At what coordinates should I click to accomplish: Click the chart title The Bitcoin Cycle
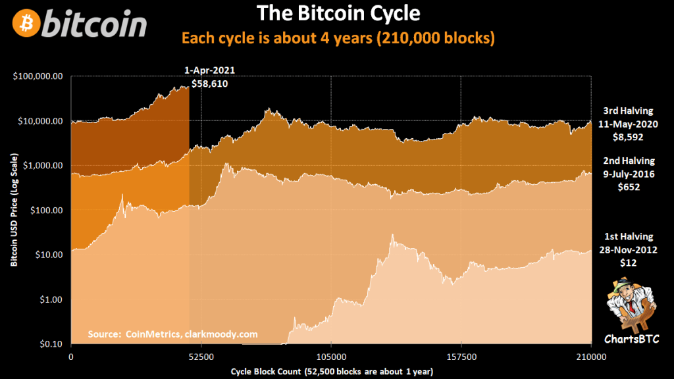[x=337, y=13]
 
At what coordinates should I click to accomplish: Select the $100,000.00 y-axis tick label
[x=38, y=76]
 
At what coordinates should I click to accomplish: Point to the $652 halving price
[x=630, y=187]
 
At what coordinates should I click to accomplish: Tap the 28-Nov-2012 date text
[x=630, y=249]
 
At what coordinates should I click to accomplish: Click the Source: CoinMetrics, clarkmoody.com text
[x=172, y=334]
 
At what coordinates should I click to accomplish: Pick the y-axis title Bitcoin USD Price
[x=14, y=211]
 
